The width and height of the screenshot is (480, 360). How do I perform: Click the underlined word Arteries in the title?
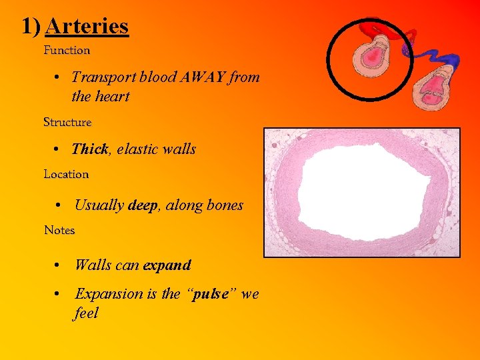point(87,27)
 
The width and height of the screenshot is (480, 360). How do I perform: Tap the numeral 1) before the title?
point(31,27)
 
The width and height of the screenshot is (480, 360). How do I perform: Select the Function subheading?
point(67,50)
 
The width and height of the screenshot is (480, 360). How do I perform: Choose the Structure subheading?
point(67,123)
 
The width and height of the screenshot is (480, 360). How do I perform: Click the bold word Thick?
point(89,149)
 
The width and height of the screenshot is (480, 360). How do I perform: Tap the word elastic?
point(139,149)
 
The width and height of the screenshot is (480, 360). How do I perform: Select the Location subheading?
point(66,175)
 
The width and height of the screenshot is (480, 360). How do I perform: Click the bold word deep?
point(142,205)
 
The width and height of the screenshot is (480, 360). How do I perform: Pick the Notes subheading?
point(59,231)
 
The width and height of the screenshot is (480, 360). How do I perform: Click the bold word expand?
point(167,265)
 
